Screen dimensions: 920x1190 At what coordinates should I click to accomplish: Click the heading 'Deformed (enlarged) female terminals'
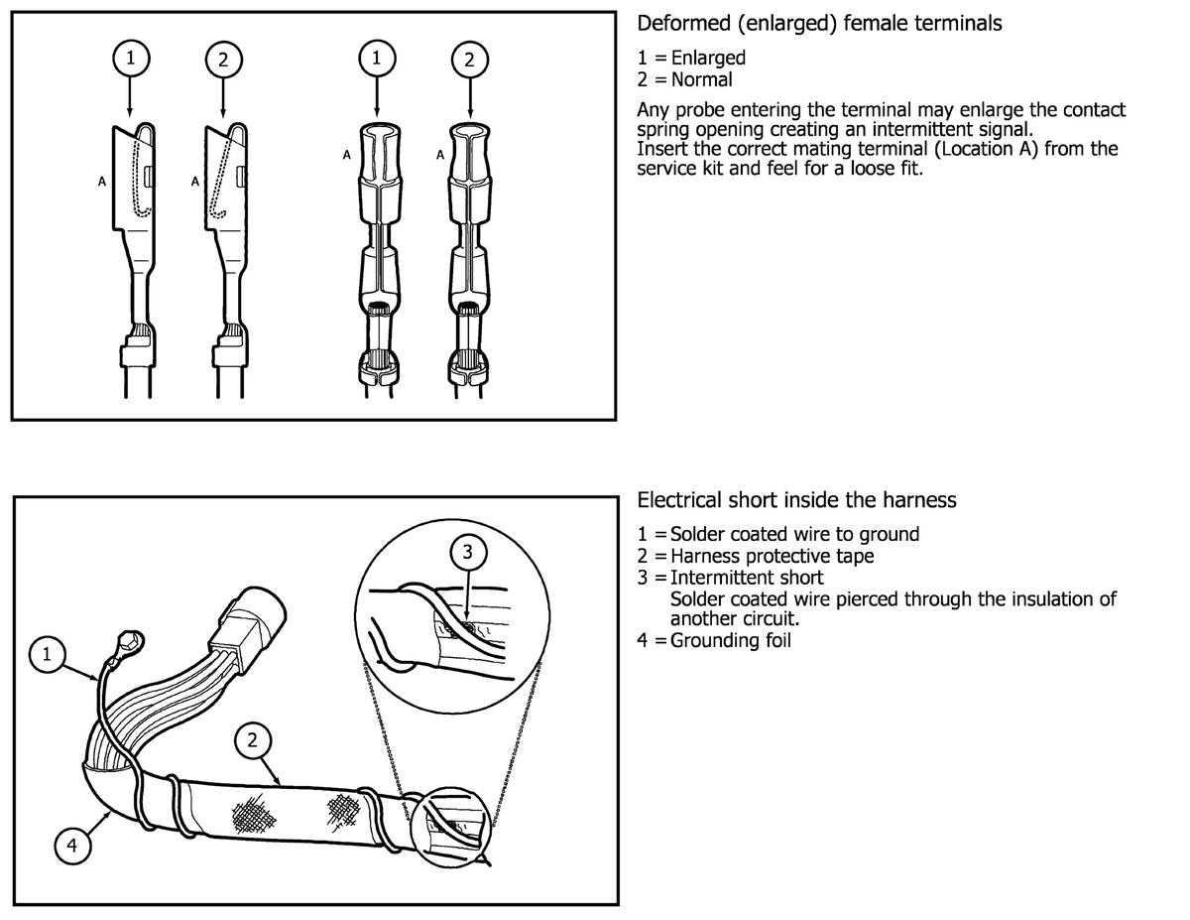pyautogui.click(x=818, y=23)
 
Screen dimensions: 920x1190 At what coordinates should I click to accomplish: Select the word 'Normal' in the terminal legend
pyautogui.click(x=701, y=79)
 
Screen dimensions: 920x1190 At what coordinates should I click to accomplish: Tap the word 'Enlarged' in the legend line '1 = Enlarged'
pyautogui.click(x=708, y=58)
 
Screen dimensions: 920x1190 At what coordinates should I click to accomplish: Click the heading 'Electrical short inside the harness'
pyautogui.click(x=796, y=500)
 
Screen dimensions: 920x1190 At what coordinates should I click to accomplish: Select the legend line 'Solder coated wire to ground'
pyautogui.click(x=794, y=534)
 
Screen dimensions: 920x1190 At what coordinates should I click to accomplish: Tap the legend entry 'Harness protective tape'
pyautogui.click(x=772, y=556)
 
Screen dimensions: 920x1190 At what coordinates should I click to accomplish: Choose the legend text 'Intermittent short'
pyautogui.click(x=746, y=577)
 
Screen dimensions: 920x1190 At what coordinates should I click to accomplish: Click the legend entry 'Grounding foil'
pyautogui.click(x=730, y=640)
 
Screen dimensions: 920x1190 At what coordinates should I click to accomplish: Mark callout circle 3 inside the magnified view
pyautogui.click(x=467, y=551)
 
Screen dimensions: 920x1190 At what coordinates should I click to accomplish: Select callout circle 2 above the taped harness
pyautogui.click(x=252, y=739)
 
